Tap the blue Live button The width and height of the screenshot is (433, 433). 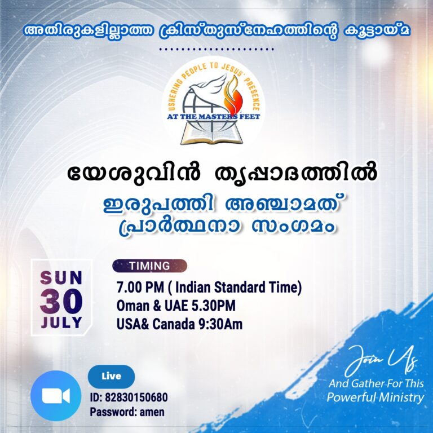111,376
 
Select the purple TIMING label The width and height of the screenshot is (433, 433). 149,266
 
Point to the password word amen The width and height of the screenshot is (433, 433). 152,412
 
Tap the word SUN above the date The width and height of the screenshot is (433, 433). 61,277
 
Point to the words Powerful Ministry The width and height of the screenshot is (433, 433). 375,398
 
